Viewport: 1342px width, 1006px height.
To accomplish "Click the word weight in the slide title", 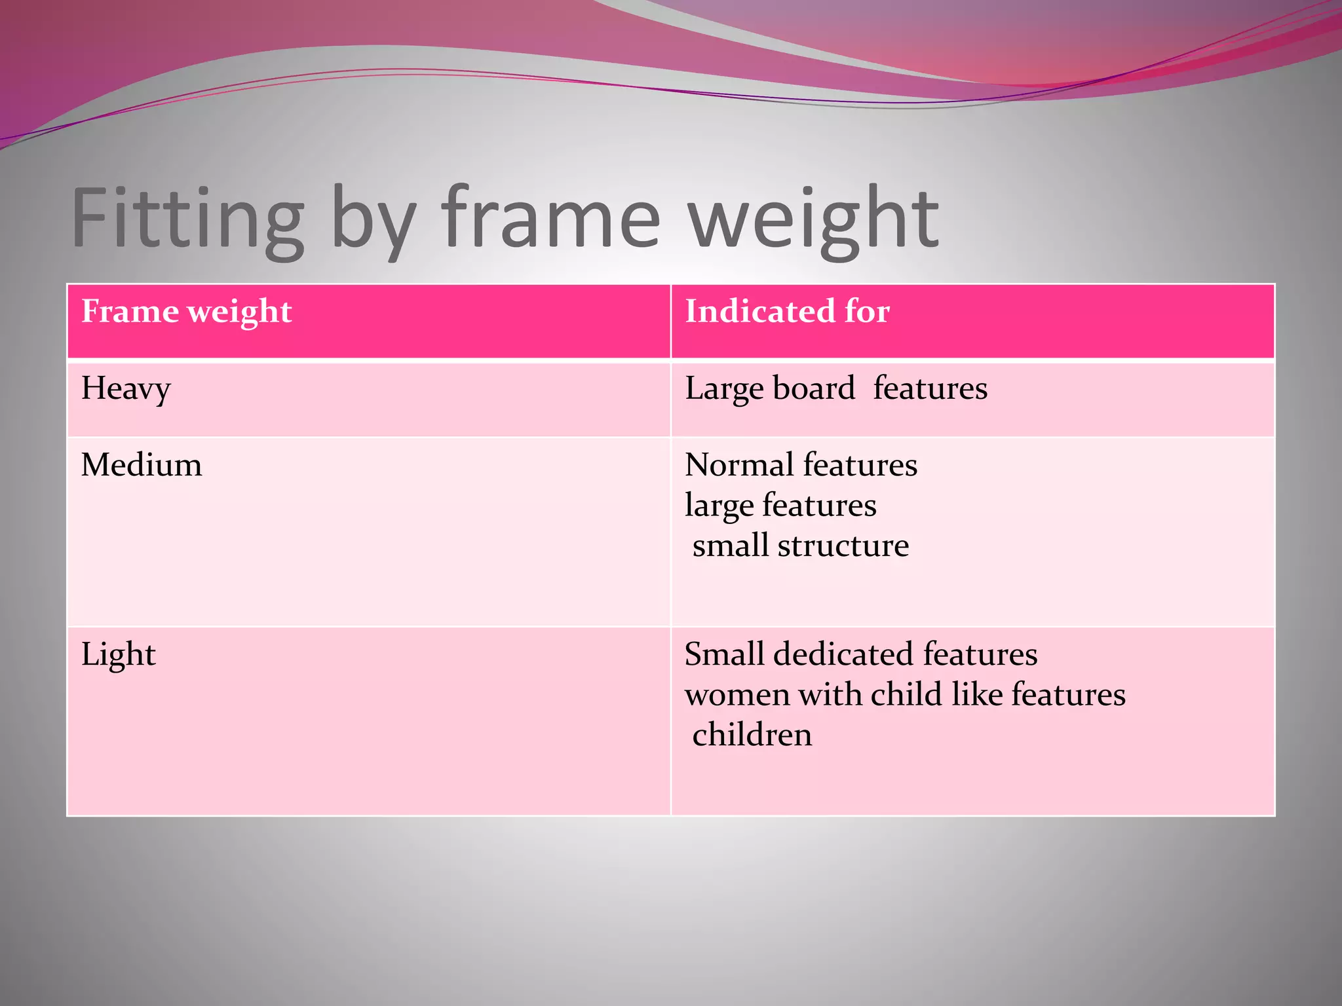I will pos(815,219).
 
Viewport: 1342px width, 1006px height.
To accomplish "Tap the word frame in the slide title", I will pos(551,219).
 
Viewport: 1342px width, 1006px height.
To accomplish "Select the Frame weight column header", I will pos(187,311).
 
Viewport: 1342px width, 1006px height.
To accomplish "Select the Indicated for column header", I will pos(787,311).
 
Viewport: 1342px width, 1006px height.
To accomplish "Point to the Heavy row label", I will pos(126,389).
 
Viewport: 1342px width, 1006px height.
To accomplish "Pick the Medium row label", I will pos(142,465).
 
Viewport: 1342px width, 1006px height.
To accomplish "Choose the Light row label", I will pos(119,654).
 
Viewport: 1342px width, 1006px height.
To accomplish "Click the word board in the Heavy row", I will pos(814,388).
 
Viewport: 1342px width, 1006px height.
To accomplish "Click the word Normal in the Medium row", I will pos(740,465).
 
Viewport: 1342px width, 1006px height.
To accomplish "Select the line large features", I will pos(780,506).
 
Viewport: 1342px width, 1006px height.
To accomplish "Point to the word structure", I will pos(843,546).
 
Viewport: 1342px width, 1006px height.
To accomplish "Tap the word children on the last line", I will pos(752,735).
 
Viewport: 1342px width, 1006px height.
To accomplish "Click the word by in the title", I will pos(372,219).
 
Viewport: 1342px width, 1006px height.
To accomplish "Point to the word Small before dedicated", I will pos(724,654).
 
